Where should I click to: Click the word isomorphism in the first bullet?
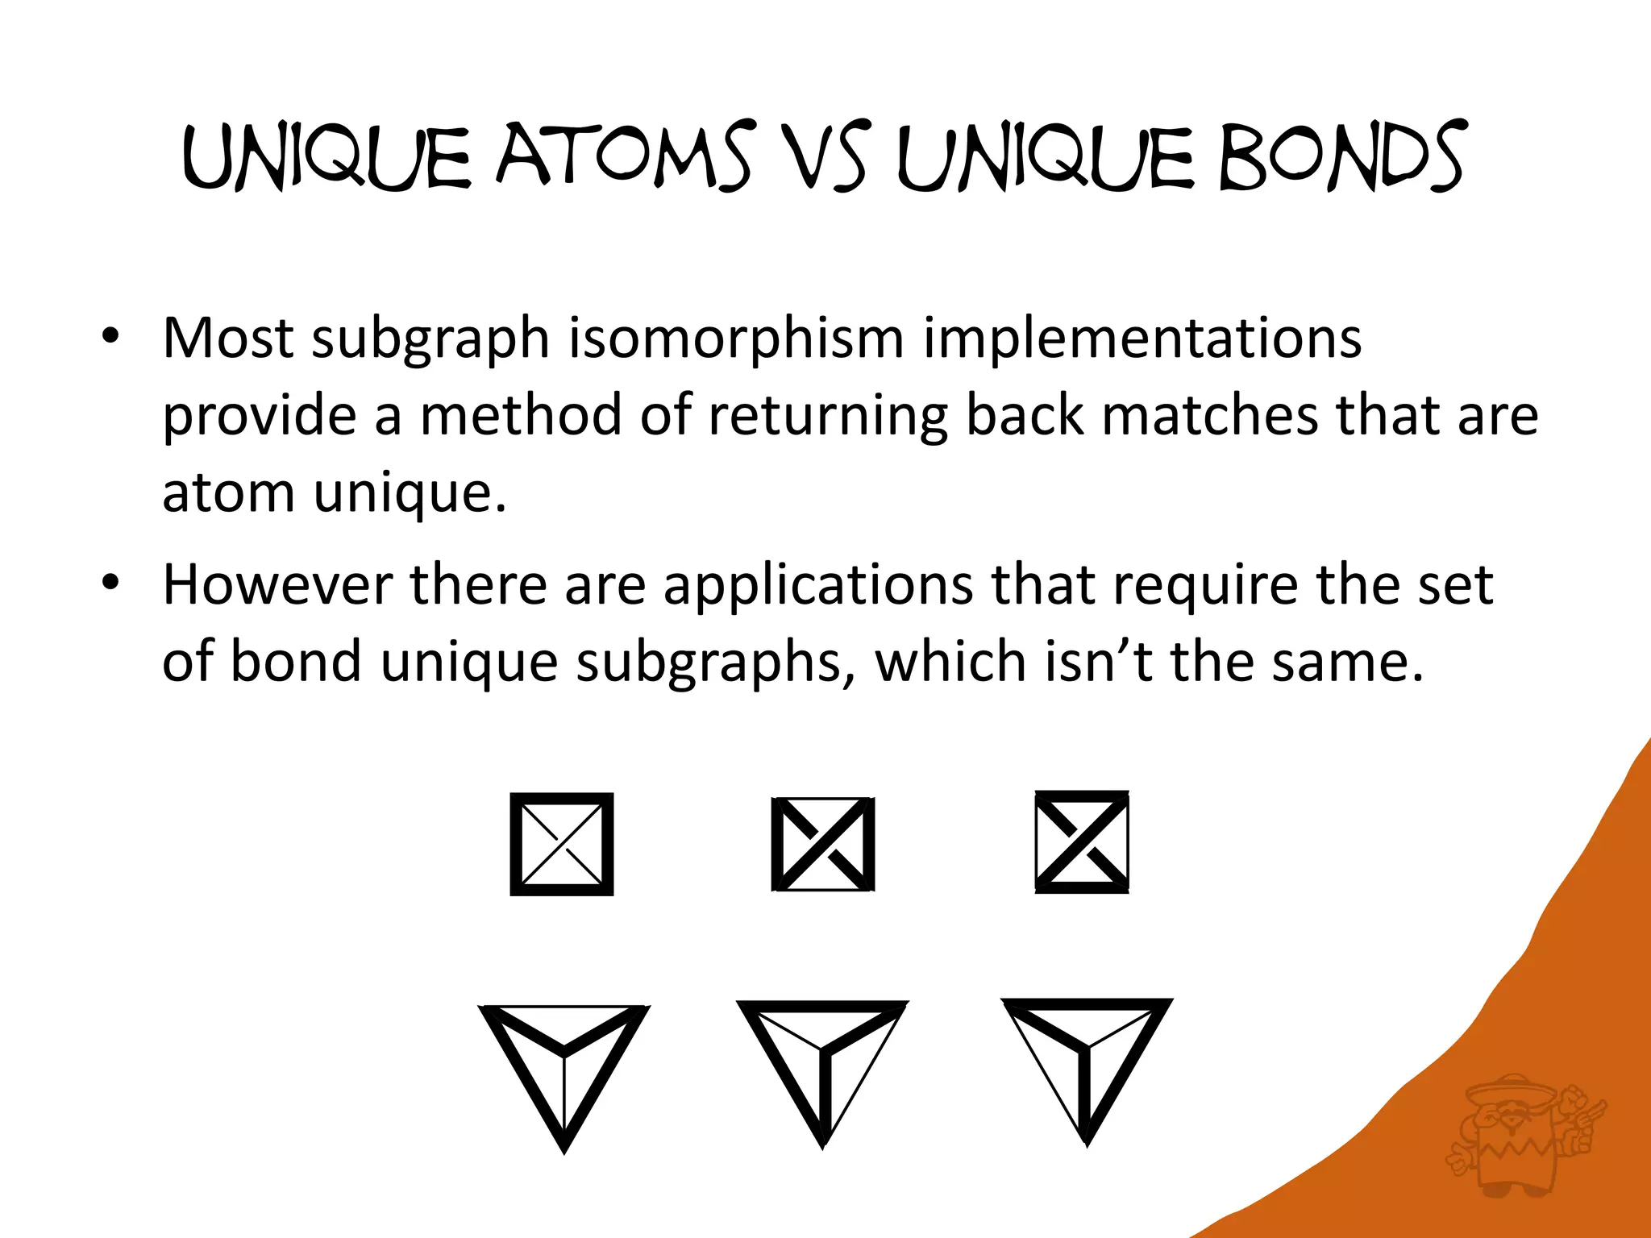736,339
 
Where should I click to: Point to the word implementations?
1142,339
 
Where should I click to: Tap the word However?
277,584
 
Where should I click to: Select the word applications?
817,585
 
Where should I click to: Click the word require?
1205,585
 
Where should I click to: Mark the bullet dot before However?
110,582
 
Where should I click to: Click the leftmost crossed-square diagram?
562,844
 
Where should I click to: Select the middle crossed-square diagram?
823,844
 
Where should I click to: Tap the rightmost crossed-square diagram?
1082,842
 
